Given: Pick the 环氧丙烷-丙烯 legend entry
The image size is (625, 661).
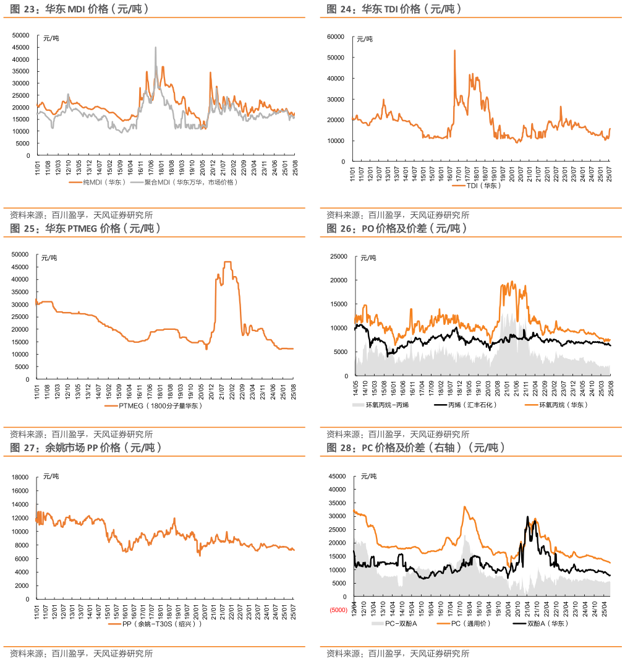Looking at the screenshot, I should (x=392, y=405).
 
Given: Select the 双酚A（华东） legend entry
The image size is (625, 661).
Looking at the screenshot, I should (x=547, y=623).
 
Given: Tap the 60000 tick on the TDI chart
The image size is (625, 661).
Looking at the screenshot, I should (x=335, y=37).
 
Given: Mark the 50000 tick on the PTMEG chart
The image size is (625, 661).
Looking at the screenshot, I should (x=20, y=254).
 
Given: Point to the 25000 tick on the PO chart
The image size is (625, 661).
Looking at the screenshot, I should (x=338, y=256).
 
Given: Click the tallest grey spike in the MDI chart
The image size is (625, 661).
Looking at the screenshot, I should (x=156, y=48).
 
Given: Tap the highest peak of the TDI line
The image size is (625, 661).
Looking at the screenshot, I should (x=455, y=51).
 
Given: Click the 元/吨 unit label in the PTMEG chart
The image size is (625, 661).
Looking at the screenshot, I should (x=50, y=257).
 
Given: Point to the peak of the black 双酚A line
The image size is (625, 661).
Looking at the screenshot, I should (x=527, y=517).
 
